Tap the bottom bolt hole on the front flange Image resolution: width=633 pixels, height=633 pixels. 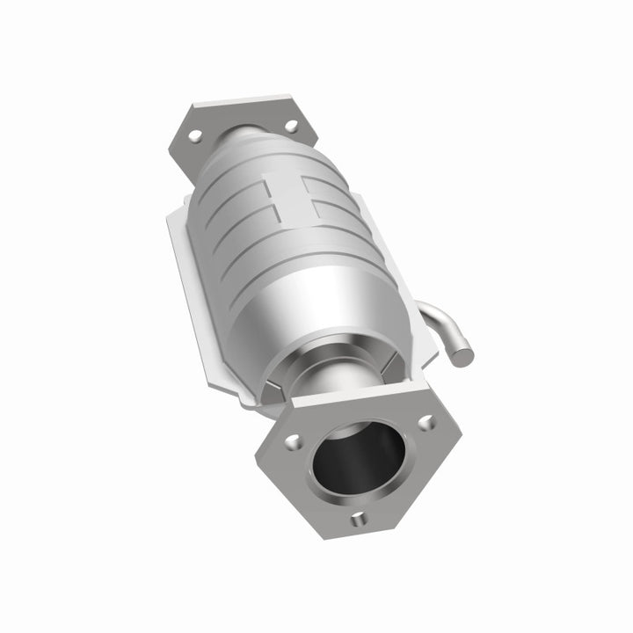(x=360, y=520)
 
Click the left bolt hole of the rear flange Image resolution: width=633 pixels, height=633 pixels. (x=195, y=136)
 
